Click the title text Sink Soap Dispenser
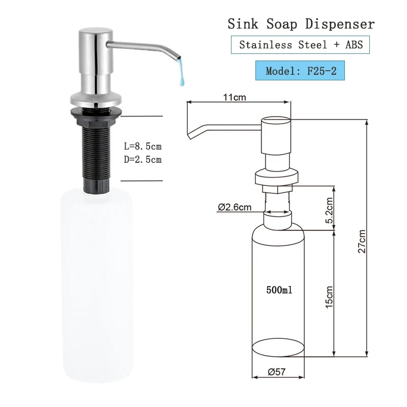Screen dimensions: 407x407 coord(301,24)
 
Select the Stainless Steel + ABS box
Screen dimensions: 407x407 coord(300,45)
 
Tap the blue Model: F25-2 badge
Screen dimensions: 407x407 coord(300,71)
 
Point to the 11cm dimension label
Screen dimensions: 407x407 coord(235,97)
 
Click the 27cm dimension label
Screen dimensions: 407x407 coord(362,241)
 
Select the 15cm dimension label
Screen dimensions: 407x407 coord(329,297)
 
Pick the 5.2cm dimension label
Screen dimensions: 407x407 coord(329,210)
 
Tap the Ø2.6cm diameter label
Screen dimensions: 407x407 coord(235,207)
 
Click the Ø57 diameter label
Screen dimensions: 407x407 coord(277,372)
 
